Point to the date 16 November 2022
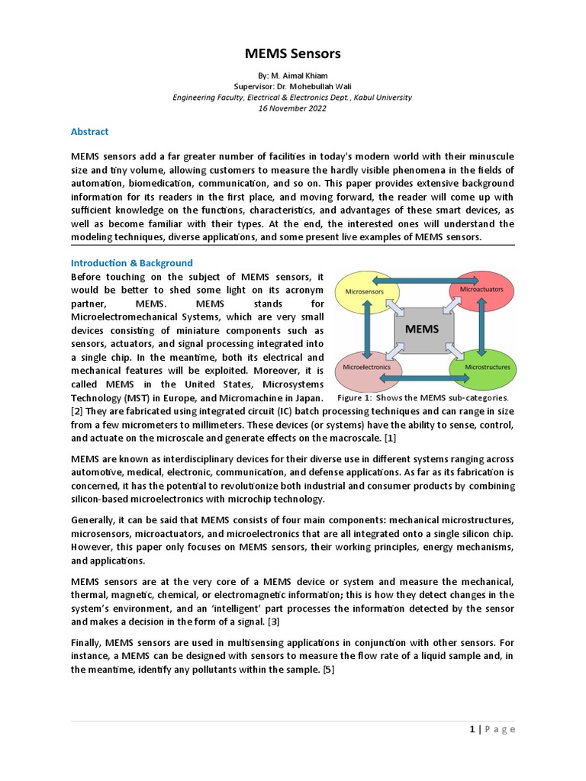292,108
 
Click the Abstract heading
89,131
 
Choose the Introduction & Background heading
132,263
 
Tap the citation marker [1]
390,439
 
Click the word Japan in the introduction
308,398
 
